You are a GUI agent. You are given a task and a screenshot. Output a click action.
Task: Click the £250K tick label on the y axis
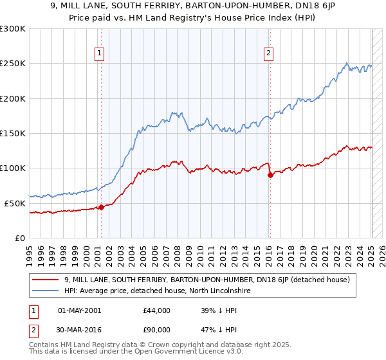[x=13, y=64]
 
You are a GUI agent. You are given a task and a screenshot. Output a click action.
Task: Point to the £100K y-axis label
[x=13, y=168]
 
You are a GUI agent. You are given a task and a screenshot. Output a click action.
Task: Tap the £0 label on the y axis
[x=19, y=238]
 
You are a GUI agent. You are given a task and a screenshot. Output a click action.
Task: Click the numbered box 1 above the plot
[x=100, y=54]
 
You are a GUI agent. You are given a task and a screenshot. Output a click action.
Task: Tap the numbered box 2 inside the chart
[x=268, y=54]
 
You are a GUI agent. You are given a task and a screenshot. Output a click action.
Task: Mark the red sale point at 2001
[x=101, y=207]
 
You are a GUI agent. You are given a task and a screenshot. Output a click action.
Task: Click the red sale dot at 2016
[x=270, y=175]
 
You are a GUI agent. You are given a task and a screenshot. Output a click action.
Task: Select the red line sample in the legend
[x=46, y=280]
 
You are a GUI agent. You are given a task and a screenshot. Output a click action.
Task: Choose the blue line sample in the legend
[x=46, y=291]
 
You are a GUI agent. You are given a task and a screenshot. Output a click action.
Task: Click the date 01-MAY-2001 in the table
[x=79, y=310]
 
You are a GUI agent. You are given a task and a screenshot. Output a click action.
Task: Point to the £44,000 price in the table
[x=156, y=310]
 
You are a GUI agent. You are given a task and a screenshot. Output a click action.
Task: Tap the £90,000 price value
[x=156, y=332]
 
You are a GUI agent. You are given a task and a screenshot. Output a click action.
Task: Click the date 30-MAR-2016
[x=79, y=332]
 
